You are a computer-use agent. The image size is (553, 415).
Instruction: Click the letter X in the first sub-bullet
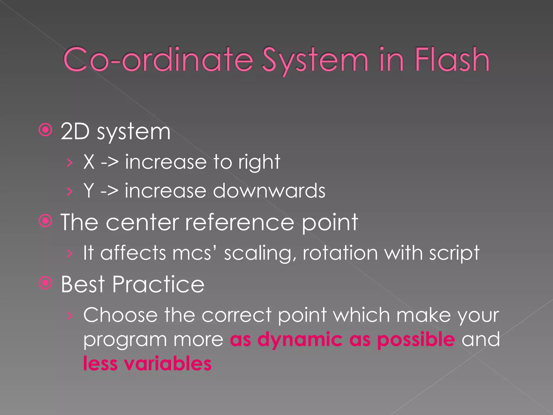click(89, 162)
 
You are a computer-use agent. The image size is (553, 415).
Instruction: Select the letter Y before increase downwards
click(89, 190)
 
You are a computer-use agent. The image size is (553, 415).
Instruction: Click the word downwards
click(269, 190)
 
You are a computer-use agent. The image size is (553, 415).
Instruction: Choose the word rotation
click(340, 253)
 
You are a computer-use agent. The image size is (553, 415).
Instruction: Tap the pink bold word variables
click(168, 364)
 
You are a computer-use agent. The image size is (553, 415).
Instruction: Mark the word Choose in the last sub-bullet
click(120, 315)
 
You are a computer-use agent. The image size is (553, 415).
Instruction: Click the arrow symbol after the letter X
click(110, 162)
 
